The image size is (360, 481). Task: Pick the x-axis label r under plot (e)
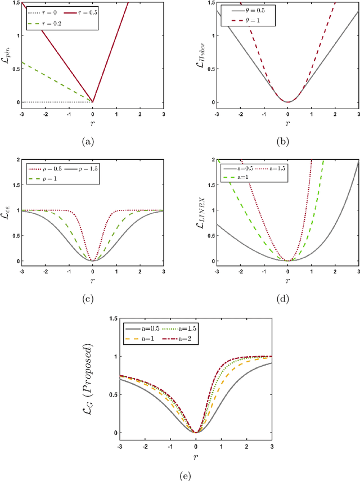click(x=196, y=457)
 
